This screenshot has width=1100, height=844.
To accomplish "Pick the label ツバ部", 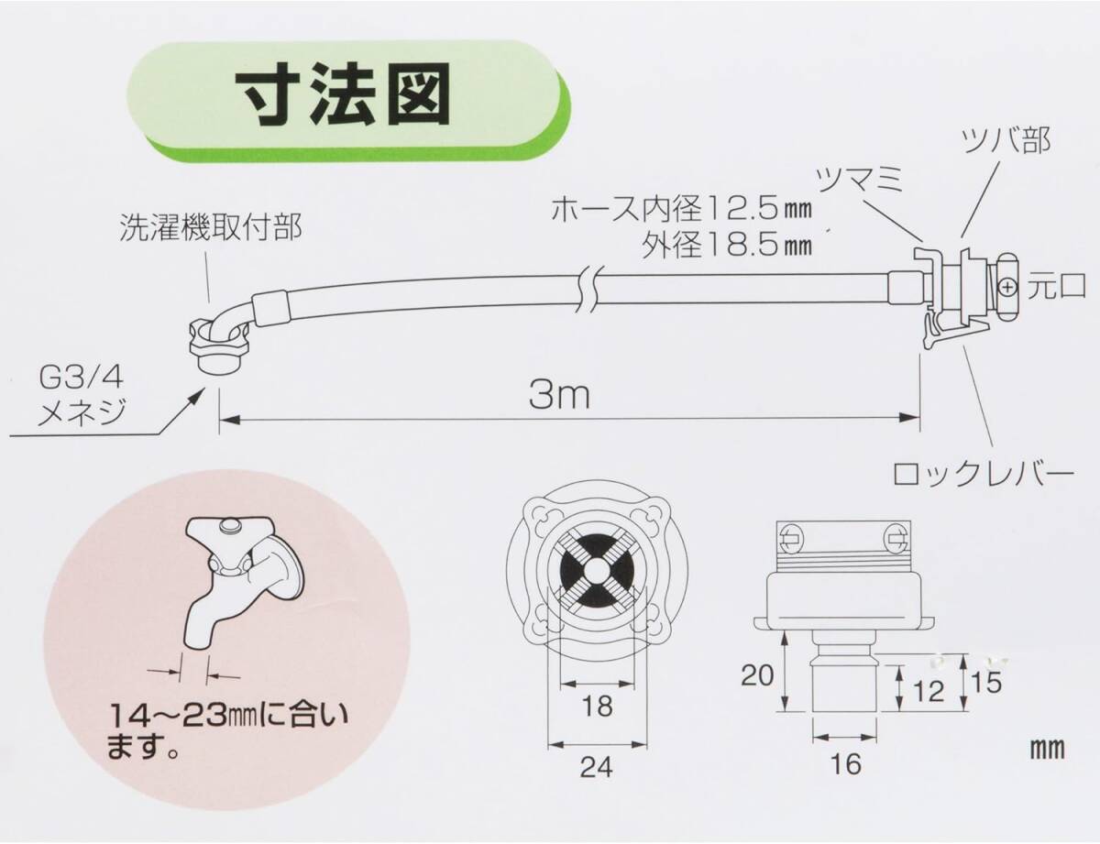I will coord(1005,141).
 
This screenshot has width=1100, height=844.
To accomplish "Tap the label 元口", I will coord(1056,286).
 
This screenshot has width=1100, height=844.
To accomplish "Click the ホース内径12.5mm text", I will coord(682,212).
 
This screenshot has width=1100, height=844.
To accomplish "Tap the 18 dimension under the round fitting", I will coord(596,707).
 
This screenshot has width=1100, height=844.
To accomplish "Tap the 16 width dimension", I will coord(848,762).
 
